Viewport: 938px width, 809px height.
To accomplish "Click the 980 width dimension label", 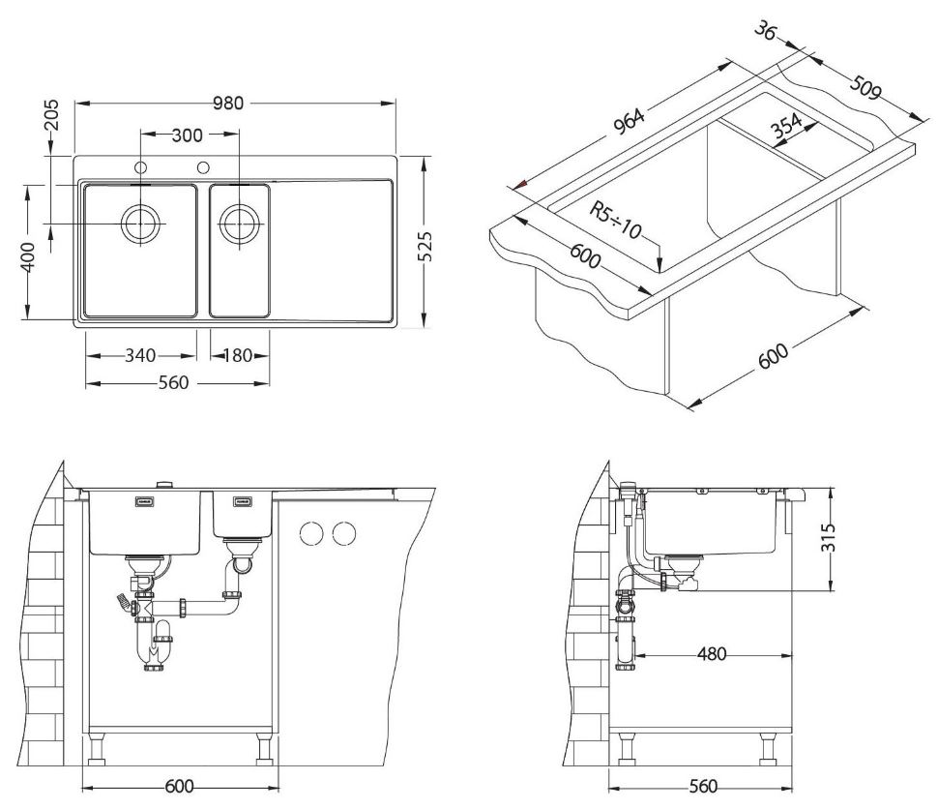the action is click(228, 103).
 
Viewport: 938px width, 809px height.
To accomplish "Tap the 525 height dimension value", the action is click(425, 246).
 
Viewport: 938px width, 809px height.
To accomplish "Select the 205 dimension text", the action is click(52, 114).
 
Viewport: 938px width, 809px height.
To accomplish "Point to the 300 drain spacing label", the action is click(187, 135).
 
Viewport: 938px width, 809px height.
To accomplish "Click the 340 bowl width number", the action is click(140, 356).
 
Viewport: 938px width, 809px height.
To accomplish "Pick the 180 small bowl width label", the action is click(238, 356).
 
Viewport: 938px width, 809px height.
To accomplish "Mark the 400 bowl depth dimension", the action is click(27, 256).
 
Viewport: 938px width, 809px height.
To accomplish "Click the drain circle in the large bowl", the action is click(140, 223).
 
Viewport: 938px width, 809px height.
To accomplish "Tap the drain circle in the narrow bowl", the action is click(239, 223).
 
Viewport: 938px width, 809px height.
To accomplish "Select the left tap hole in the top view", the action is click(141, 167).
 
